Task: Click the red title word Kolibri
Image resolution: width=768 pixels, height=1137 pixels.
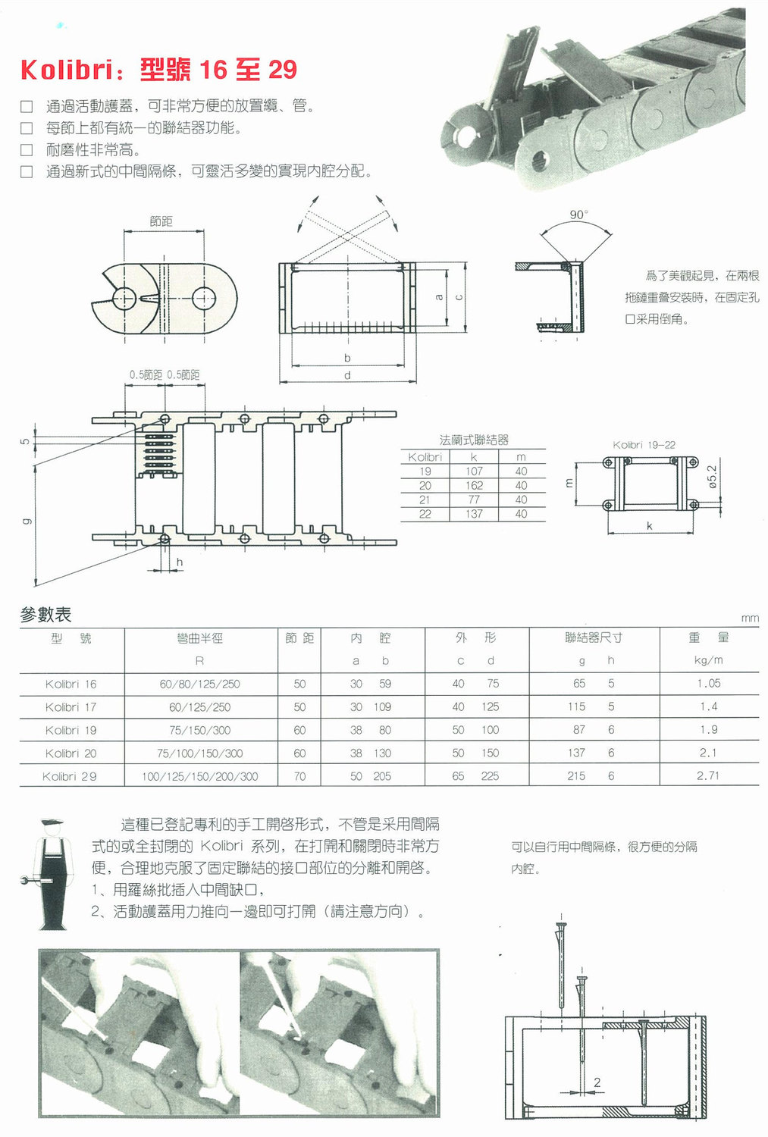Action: tap(66, 70)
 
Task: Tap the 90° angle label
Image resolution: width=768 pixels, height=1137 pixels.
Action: tap(578, 215)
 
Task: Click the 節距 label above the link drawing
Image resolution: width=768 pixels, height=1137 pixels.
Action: tap(161, 221)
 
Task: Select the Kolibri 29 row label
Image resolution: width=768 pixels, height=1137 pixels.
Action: tap(69, 776)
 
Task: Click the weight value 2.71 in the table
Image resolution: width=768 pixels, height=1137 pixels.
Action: tap(708, 775)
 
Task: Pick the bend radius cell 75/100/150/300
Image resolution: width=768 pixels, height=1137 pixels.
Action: tap(199, 753)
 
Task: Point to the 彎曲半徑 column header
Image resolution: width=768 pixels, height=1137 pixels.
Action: tap(199, 638)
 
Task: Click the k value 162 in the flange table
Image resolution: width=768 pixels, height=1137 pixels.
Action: tap(474, 485)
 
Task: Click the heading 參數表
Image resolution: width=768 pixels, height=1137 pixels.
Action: tap(45, 615)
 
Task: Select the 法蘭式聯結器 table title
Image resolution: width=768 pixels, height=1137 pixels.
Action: tap(474, 440)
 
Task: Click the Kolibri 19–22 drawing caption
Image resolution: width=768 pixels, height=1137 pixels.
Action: tap(644, 445)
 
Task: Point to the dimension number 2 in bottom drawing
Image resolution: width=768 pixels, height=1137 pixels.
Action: tap(597, 1082)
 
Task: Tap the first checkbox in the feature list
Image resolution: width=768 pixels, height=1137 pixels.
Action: tap(27, 106)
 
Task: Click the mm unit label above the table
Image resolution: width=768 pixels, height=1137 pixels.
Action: tap(749, 619)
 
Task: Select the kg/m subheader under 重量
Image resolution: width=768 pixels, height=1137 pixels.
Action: tap(708, 660)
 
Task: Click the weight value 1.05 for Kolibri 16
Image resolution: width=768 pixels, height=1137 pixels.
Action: tap(708, 684)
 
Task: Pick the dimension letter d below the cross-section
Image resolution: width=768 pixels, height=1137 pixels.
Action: tap(347, 375)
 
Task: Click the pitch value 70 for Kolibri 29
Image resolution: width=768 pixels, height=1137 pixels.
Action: tap(299, 776)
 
